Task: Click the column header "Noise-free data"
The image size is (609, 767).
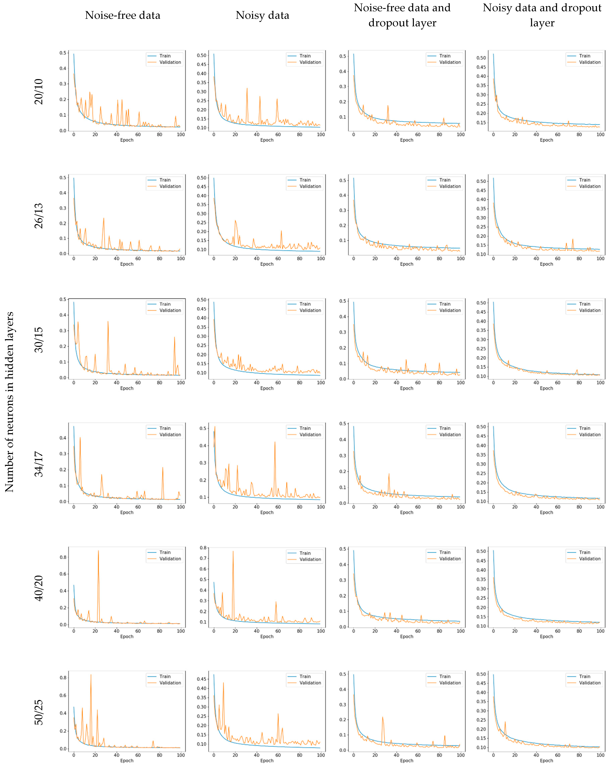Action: tap(122, 15)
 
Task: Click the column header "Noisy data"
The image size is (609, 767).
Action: tap(262, 15)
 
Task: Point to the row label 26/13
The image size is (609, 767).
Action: tap(38, 216)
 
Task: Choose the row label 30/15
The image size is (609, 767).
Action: tap(38, 340)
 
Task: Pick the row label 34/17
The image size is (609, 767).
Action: tap(38, 464)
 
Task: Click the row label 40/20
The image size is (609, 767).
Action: tap(38, 588)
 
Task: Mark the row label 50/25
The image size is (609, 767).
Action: tap(38, 712)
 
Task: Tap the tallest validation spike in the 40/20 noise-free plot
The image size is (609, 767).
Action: tap(98, 551)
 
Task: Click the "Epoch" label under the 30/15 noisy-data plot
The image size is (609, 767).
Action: tap(267, 388)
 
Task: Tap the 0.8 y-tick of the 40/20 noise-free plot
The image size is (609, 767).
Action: tap(63, 557)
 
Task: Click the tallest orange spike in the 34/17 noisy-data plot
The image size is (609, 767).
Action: tap(275, 442)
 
